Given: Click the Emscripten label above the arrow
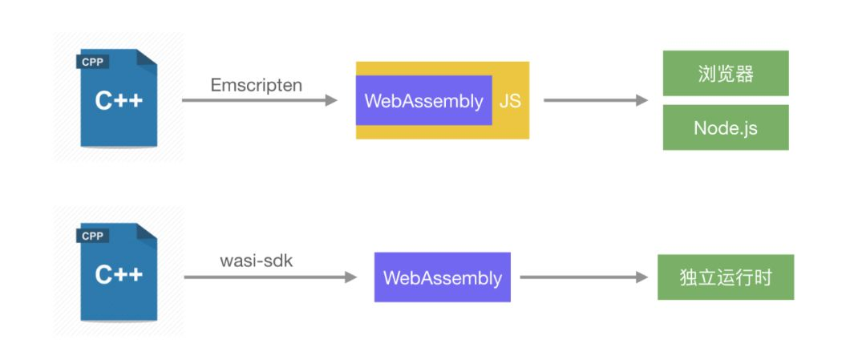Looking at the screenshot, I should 257,85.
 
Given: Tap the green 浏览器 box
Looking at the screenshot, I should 725,73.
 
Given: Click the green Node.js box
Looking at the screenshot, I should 725,127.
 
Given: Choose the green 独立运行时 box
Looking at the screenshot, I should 725,277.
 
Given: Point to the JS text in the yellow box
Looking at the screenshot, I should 510,101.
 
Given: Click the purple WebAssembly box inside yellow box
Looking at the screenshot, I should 423,101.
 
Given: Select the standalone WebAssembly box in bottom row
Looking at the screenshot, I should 442,277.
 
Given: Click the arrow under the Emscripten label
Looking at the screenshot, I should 257,100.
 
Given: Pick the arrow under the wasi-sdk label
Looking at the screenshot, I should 269,277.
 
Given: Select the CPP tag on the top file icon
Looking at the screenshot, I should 92,62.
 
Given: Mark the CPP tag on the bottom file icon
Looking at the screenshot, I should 92,236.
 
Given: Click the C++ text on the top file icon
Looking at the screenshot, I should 119,101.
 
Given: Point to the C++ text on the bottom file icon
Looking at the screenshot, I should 119,275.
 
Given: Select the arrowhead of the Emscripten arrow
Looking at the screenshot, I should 331,100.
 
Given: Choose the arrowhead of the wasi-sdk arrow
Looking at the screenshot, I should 350,277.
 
